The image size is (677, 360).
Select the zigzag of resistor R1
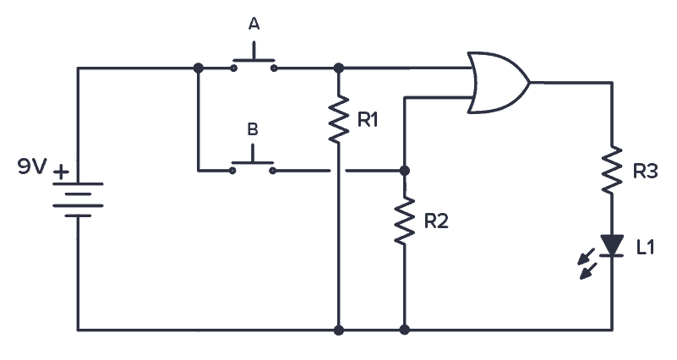(338, 119)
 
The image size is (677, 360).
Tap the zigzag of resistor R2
(405, 221)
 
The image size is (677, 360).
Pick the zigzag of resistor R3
(611, 171)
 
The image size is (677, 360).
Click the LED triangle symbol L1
(611, 245)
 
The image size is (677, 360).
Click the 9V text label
(31, 167)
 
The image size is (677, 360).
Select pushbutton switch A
(253, 64)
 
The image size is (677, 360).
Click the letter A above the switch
(253, 25)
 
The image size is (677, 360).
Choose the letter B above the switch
(252, 129)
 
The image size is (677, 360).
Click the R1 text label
(368, 120)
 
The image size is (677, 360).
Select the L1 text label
(645, 247)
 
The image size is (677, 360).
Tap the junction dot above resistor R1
(338, 68)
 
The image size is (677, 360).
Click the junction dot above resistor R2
(405, 170)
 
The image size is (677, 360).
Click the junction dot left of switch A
(198, 68)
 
